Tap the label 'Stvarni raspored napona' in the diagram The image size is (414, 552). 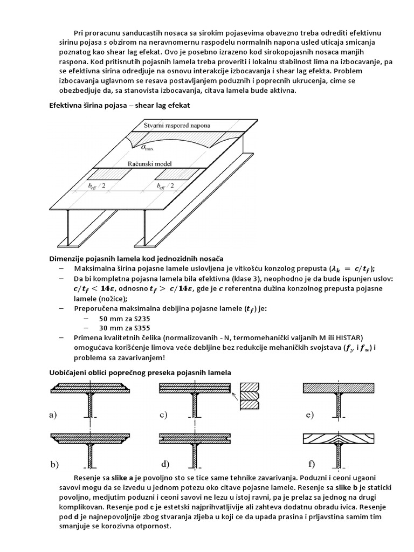pyautogui.click(x=176, y=125)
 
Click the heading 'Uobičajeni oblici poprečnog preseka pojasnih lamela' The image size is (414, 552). pyautogui.click(x=140, y=372)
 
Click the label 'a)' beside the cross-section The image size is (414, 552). pyautogui.click(x=53, y=415)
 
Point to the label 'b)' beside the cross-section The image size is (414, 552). pyautogui.click(x=54, y=464)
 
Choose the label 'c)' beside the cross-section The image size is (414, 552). pyautogui.click(x=164, y=415)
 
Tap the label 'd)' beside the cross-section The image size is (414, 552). pyautogui.click(x=165, y=464)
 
